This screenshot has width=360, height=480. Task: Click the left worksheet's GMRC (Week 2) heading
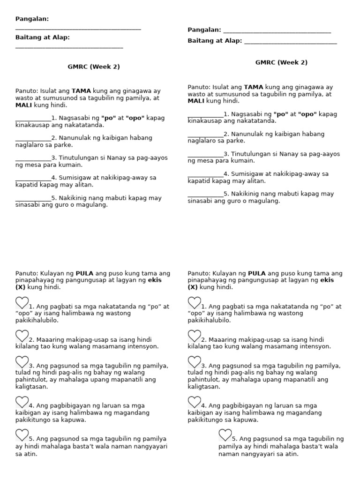pos(94,67)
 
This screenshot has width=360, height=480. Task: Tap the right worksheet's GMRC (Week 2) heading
pos(281,62)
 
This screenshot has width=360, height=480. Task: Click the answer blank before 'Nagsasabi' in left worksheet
pos(33,119)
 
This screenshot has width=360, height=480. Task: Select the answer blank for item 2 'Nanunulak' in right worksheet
pos(205,135)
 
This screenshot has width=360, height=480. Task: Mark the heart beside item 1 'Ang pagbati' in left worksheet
pos(22,303)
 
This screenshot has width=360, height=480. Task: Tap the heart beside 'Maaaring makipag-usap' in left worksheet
pos(22,336)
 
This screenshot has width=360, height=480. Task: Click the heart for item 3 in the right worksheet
pos(194,362)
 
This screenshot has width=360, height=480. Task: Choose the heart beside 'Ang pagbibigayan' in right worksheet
pos(194,402)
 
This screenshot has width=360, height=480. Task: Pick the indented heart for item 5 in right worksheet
pos(225,435)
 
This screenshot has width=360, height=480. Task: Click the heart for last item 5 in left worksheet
pos(22,435)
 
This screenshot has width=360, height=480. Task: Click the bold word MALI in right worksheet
pos(196,101)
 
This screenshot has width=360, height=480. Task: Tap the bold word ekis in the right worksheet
pos(328,280)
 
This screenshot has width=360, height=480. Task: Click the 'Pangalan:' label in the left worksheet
pos(32,19)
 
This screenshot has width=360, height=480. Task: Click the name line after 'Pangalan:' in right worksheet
pos(277,31)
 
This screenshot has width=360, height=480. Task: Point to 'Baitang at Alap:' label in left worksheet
pos(42,37)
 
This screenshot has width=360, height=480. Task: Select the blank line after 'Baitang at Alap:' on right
pos(290,42)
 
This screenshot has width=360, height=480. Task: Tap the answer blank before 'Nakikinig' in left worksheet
pos(33,199)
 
